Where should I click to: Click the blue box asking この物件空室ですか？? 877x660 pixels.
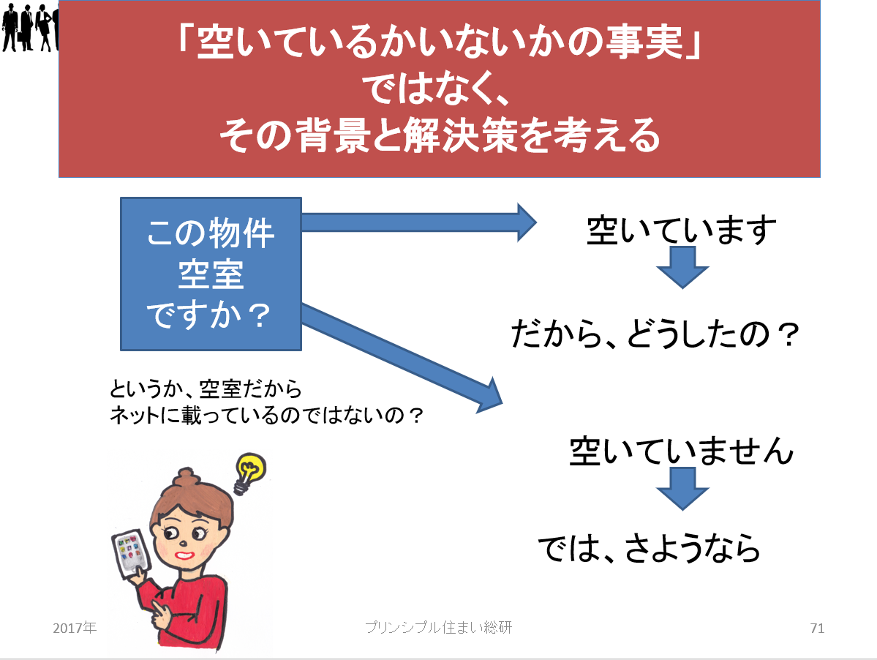pyautogui.click(x=211, y=274)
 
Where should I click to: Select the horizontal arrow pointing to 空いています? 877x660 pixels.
pyautogui.click(x=419, y=222)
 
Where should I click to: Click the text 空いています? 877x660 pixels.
pyautogui.click(x=682, y=230)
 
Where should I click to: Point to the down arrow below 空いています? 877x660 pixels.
pyautogui.click(x=682, y=267)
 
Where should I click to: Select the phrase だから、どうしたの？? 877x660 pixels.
pyautogui.click(x=655, y=334)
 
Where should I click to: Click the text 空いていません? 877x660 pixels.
pyautogui.click(x=682, y=451)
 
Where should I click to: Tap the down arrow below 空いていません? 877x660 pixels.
pyautogui.click(x=682, y=489)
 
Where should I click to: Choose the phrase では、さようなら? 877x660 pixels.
pyautogui.click(x=650, y=547)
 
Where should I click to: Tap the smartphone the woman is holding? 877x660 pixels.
pyautogui.click(x=132, y=555)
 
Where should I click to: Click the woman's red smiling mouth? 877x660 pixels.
pyautogui.click(x=184, y=555)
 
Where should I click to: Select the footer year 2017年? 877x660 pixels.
pyautogui.click(x=75, y=628)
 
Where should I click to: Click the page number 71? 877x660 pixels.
pyautogui.click(x=817, y=629)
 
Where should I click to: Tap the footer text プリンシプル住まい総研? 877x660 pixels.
pyautogui.click(x=439, y=628)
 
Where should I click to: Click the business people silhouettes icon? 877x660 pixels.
pyautogui.click(x=30, y=27)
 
